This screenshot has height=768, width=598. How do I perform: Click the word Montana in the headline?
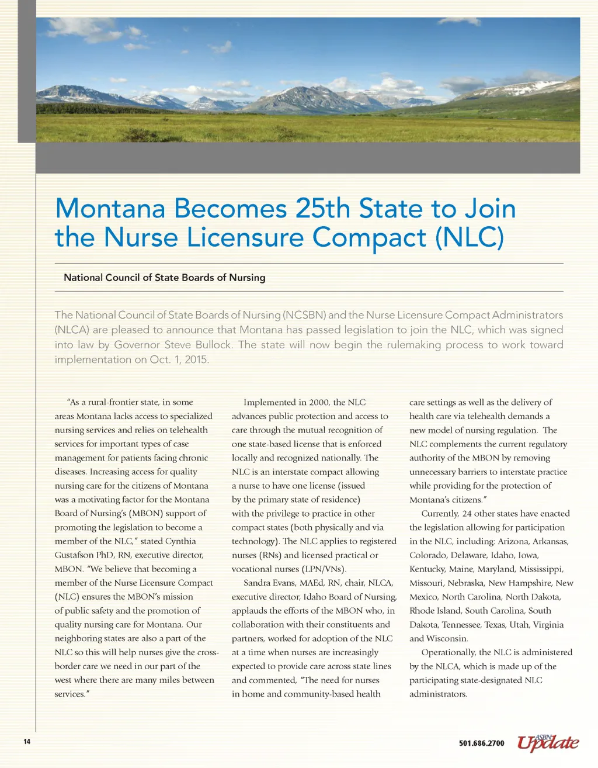pyautogui.click(x=109, y=209)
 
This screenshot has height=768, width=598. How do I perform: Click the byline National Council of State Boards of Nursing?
pyautogui.click(x=164, y=278)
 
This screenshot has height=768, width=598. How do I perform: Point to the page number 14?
pyautogui.click(x=27, y=742)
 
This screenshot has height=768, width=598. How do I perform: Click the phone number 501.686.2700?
pyautogui.click(x=481, y=743)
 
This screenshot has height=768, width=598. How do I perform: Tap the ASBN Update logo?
pyautogui.click(x=547, y=742)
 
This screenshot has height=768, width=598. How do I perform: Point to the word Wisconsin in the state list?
pyautogui.click(x=447, y=639)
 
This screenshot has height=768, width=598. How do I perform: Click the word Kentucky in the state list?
pyautogui.click(x=426, y=569)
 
